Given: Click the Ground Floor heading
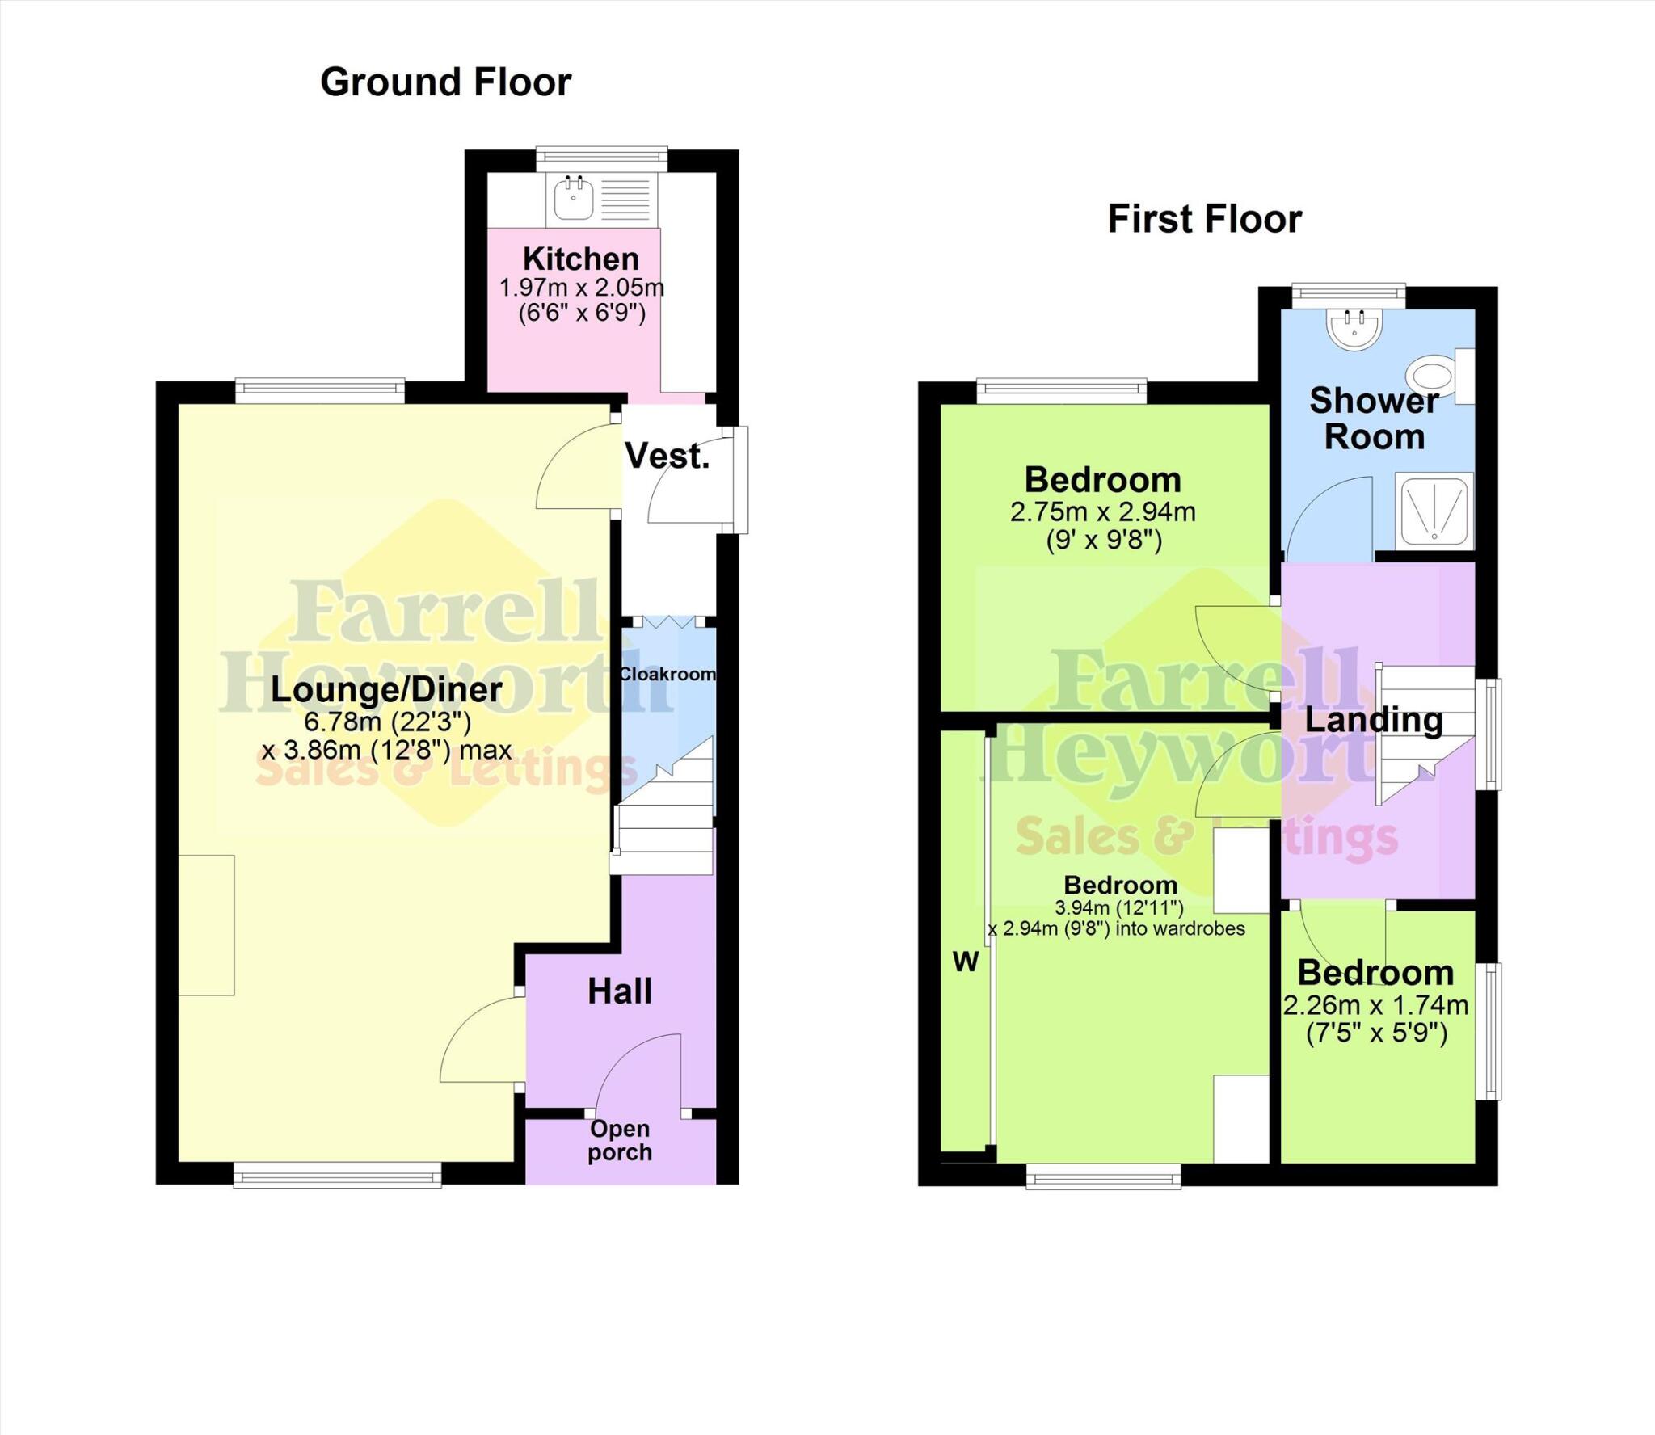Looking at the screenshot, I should (445, 82).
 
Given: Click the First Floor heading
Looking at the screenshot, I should (1204, 219).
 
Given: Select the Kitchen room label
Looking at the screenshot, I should (580, 259).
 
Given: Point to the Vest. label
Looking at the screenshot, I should (667, 457).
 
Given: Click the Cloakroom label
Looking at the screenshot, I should (667, 674).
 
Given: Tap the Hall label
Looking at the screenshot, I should (620, 991).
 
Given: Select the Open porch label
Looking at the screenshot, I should (620, 1140).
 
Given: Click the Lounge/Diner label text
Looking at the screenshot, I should (386, 689).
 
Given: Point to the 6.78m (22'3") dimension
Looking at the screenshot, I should (386, 721).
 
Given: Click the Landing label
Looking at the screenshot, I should (1373, 720).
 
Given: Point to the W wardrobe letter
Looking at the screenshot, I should (966, 962).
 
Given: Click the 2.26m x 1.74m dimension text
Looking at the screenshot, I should (1375, 1005).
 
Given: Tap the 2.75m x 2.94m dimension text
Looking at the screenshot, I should (1102, 511).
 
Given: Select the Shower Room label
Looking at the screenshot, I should (1374, 419).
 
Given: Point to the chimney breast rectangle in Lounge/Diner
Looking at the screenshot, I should (207, 925).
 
